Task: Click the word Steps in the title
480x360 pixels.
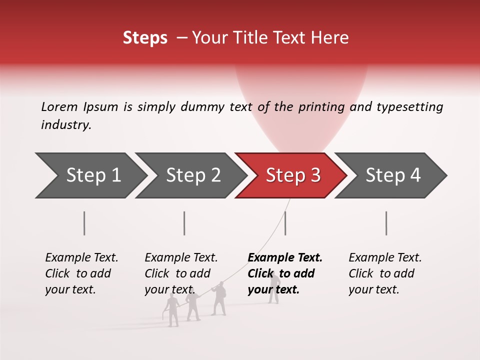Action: pyautogui.click(x=145, y=38)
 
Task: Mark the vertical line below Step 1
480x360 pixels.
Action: pyautogui.click(x=84, y=223)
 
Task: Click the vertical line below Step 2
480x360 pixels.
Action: pyautogui.click(x=184, y=223)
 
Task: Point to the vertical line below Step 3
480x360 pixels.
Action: pyautogui.click(x=285, y=223)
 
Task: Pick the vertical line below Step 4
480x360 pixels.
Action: pyautogui.click(x=386, y=223)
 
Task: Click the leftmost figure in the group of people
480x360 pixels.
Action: pyautogui.click(x=172, y=310)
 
